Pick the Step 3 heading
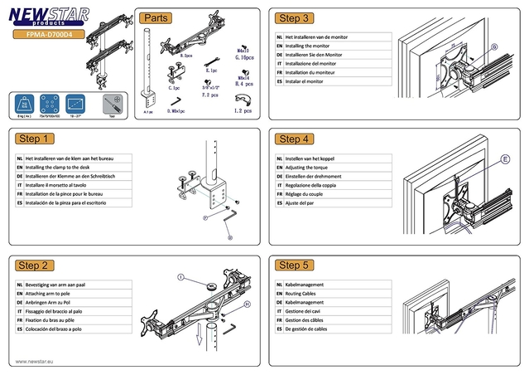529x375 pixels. [296, 18]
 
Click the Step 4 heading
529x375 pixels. [296, 139]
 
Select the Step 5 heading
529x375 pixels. [296, 265]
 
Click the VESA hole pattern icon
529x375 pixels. [51, 104]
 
